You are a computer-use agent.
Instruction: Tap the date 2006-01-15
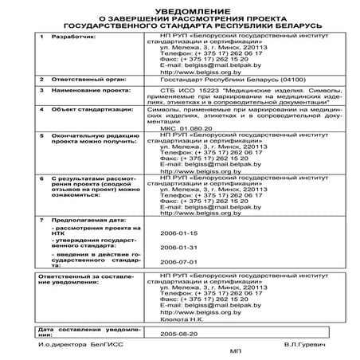(178, 233)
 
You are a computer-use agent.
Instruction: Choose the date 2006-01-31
(178, 248)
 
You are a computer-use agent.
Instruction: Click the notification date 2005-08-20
(178, 335)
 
